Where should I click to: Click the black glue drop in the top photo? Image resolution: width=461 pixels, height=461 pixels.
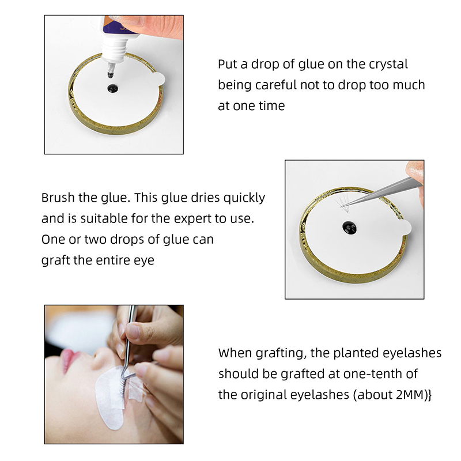[x=112, y=88]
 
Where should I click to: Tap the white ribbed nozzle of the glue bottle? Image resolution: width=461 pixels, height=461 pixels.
[x=114, y=51]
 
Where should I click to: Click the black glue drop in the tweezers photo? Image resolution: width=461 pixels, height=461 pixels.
[x=350, y=228]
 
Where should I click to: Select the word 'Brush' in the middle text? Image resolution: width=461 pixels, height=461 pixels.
[x=58, y=198]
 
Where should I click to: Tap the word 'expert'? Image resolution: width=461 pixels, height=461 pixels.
[x=192, y=219]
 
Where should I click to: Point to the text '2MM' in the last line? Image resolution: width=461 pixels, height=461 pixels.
[x=409, y=395]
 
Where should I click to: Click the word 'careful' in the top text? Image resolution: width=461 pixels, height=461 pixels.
[x=276, y=85]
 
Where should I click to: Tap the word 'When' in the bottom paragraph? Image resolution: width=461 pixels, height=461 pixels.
[x=235, y=353]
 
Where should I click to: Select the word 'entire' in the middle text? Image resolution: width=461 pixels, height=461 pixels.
[x=112, y=260]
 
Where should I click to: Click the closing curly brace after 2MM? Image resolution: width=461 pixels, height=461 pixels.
[x=429, y=395]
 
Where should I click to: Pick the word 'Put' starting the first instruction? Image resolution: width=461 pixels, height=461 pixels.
[x=227, y=64]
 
